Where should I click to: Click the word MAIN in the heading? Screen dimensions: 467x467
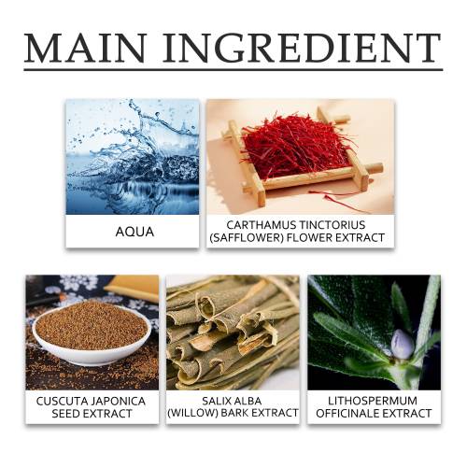coord(85,48)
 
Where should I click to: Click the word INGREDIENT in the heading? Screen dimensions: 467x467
coord(302,48)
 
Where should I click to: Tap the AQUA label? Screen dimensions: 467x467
coord(134,232)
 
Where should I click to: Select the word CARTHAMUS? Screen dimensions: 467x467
coord(262,225)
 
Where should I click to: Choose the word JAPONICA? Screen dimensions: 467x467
coord(114,401)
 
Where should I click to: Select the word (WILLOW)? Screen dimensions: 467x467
coord(192,413)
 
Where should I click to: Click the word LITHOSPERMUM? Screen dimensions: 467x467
coord(373,401)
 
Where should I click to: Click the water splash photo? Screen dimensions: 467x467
coord(133,157)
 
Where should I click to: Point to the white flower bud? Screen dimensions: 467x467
coord(403,344)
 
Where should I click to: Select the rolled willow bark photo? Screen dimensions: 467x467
coord(233,333)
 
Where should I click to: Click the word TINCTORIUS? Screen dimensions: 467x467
coord(333,225)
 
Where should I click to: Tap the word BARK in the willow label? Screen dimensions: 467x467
coord(234,413)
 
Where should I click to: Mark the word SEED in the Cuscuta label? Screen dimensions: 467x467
coord(66,414)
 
